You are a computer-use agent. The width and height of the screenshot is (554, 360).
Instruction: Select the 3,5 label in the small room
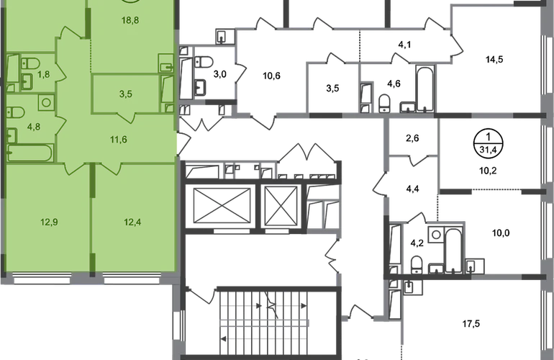point(125,93)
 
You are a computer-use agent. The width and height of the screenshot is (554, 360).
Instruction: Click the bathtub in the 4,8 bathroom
point(30,153)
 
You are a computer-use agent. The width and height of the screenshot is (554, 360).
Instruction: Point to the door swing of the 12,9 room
point(74,168)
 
